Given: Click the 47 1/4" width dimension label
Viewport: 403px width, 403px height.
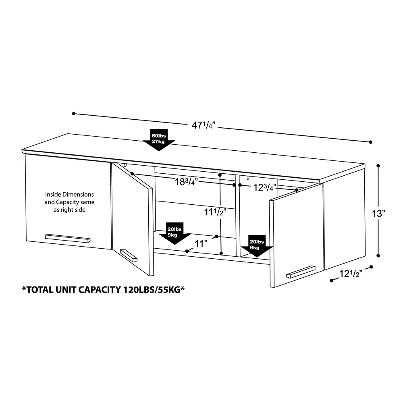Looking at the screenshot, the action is (203, 125).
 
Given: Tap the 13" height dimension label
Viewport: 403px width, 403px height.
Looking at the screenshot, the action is (379, 213).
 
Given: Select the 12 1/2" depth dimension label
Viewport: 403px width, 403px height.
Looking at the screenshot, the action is (351, 274).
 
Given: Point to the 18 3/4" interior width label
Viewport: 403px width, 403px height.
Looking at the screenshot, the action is (186, 182).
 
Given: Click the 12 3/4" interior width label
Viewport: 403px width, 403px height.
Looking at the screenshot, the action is (265, 187).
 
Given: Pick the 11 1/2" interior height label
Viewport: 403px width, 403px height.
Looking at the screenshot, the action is (215, 212).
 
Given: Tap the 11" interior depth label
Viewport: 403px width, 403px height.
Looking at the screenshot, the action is (201, 243).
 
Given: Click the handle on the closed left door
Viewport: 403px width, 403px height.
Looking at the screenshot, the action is (68, 238).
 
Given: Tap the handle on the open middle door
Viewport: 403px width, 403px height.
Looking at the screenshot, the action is (129, 255).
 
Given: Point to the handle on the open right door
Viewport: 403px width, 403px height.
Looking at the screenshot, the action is (301, 272).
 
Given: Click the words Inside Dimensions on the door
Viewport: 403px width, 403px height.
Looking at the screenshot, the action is (69, 194).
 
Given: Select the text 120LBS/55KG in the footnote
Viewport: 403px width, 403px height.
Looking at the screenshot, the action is (154, 290).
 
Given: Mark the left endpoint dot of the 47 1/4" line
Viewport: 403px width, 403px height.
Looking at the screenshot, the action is (74, 114).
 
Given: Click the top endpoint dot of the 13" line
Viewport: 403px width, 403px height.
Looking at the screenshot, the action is (378, 166).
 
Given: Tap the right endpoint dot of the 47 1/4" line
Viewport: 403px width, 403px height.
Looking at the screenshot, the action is (371, 142).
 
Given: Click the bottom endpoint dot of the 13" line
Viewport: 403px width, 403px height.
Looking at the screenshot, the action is (378, 256).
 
